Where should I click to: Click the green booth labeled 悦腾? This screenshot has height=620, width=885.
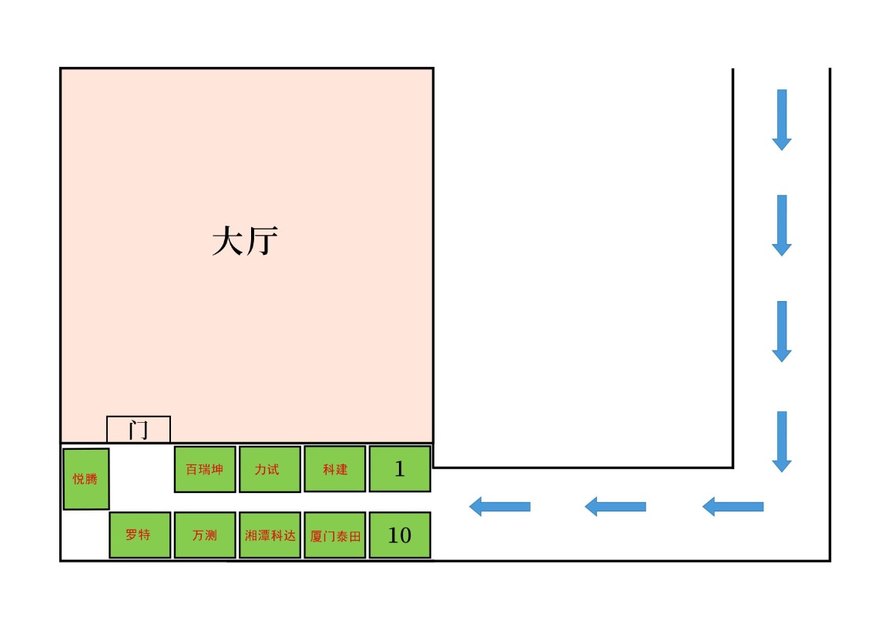click(86, 479)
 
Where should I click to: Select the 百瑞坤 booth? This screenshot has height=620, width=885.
click(205, 469)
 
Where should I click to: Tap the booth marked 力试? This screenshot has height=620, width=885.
click(270, 469)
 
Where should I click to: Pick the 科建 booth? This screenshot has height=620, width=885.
click(335, 469)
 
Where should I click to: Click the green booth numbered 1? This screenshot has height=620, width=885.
click(400, 469)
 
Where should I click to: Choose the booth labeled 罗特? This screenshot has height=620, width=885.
click(139, 535)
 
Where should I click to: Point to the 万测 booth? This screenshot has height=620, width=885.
click(205, 535)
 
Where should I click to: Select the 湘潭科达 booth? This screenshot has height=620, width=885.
click(270, 535)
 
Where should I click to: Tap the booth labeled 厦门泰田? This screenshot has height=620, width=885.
click(335, 535)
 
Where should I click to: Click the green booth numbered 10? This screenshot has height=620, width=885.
click(400, 535)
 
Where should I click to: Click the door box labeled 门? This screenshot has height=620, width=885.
click(139, 429)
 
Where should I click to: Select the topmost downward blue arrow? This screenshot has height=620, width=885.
click(782, 119)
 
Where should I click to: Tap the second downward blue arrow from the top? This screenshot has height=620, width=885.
click(782, 225)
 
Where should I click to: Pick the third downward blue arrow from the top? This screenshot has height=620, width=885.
click(782, 331)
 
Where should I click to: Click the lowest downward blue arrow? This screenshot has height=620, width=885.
click(782, 441)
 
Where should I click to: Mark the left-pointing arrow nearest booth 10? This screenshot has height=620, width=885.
click(500, 507)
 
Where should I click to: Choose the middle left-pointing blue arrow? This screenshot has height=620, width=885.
click(615, 507)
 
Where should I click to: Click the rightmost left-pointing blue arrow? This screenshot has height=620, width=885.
click(733, 507)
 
